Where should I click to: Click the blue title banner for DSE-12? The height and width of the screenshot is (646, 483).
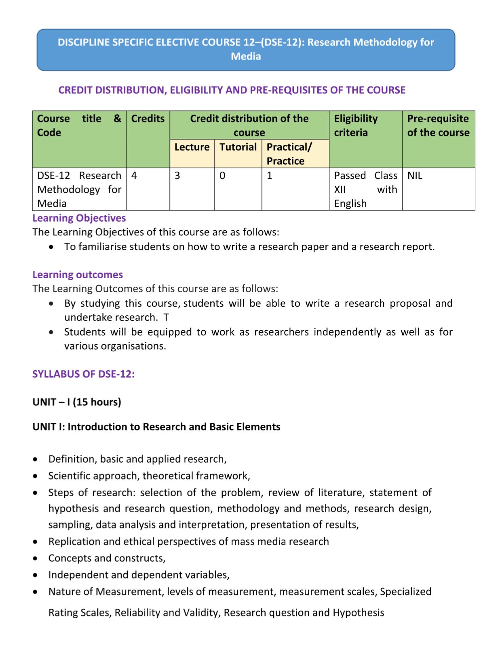pyautogui.click(x=246, y=49)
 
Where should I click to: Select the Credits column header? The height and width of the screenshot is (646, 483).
pyautogui.click(x=148, y=119)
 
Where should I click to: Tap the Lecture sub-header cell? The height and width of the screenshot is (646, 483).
pyautogui.click(x=192, y=147)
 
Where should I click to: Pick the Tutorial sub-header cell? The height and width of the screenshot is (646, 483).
pyautogui.click(x=238, y=147)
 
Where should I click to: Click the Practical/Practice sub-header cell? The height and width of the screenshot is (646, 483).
pyautogui.click(x=289, y=154)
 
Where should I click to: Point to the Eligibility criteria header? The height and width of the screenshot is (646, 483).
pyautogui.click(x=356, y=126)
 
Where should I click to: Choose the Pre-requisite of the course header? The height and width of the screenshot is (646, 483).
pyautogui.click(x=438, y=126)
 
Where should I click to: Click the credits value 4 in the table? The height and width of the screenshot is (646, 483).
pyautogui.click(x=134, y=176)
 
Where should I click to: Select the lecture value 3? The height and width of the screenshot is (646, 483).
pyautogui.click(x=177, y=176)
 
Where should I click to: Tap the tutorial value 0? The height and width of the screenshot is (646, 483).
pyautogui.click(x=222, y=176)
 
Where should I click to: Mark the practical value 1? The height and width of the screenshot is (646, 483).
pyautogui.click(x=270, y=176)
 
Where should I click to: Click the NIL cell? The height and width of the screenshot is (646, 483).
pyautogui.click(x=415, y=176)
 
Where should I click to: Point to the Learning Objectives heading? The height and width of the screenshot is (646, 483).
pyautogui.click(x=79, y=218)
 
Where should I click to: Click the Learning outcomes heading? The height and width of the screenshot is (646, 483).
pyautogui.click(x=78, y=275)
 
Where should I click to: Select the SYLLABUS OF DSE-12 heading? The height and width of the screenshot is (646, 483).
pyautogui.click(x=83, y=374)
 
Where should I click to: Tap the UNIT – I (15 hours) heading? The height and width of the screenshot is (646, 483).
pyautogui.click(x=77, y=402)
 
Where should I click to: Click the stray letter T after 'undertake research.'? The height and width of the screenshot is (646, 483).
pyautogui.click(x=166, y=317)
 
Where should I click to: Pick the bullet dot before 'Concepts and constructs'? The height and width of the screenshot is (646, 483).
pyautogui.click(x=36, y=558)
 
